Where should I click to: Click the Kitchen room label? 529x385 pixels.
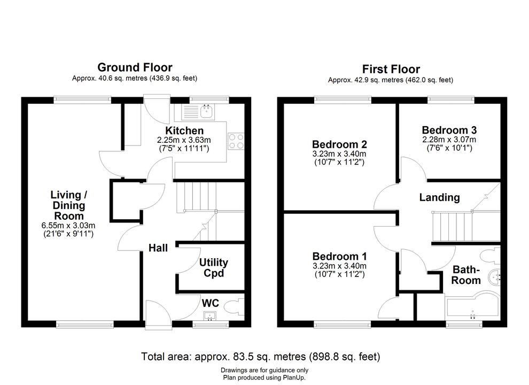[x=184, y=130]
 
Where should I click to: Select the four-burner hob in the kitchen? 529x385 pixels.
[x=236, y=141]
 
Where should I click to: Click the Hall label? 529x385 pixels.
[x=158, y=248]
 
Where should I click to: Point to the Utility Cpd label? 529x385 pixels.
[x=214, y=267]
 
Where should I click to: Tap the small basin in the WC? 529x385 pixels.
[x=210, y=316]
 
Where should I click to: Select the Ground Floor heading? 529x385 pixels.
[x=135, y=67]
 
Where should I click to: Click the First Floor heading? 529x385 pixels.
[x=391, y=69]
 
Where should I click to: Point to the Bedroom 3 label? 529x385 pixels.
[x=449, y=130]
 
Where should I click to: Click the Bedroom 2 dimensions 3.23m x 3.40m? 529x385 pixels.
[x=339, y=154]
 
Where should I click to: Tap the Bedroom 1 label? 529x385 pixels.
[x=339, y=256]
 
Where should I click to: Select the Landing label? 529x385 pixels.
[x=439, y=197]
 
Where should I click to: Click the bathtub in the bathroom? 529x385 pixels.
[x=472, y=308]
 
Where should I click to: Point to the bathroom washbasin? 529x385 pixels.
[x=495, y=278]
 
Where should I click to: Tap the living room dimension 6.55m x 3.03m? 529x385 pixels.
[x=68, y=225]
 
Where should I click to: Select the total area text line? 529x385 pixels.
[x=260, y=356]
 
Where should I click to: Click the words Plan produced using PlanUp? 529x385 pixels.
[x=264, y=378]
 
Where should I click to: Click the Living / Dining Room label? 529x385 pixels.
[x=68, y=205]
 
